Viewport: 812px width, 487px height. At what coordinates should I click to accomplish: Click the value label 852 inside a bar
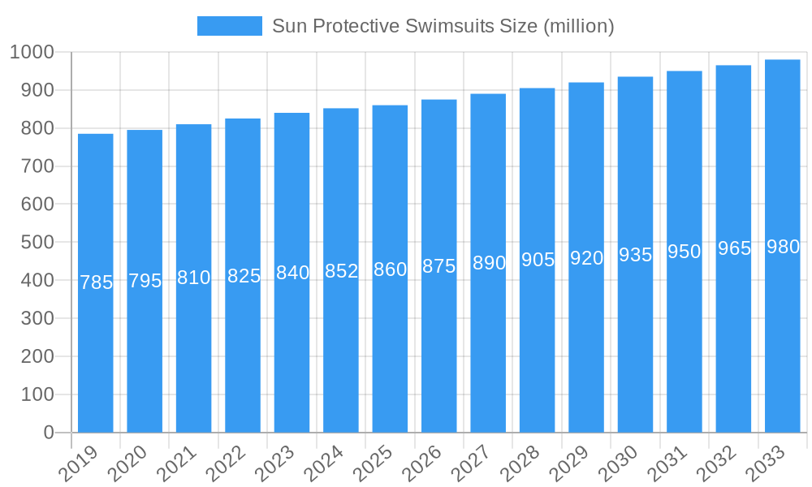coord(341,271)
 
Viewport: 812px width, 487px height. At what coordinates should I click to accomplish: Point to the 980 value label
coord(783,248)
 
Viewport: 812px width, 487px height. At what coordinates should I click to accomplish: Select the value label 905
coord(538,260)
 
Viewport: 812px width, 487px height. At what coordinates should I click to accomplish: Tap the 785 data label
coord(96,282)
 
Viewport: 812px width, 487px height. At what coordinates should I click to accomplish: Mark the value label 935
coord(635,255)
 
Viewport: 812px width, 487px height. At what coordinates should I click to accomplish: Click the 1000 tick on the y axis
coord(32,53)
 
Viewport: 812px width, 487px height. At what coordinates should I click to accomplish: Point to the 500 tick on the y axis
coord(37,243)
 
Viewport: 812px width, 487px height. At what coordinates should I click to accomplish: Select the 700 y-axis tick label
coord(37,166)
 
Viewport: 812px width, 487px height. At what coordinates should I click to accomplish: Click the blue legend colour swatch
coord(230,26)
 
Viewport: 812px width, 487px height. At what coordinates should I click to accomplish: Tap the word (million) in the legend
coord(578,26)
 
